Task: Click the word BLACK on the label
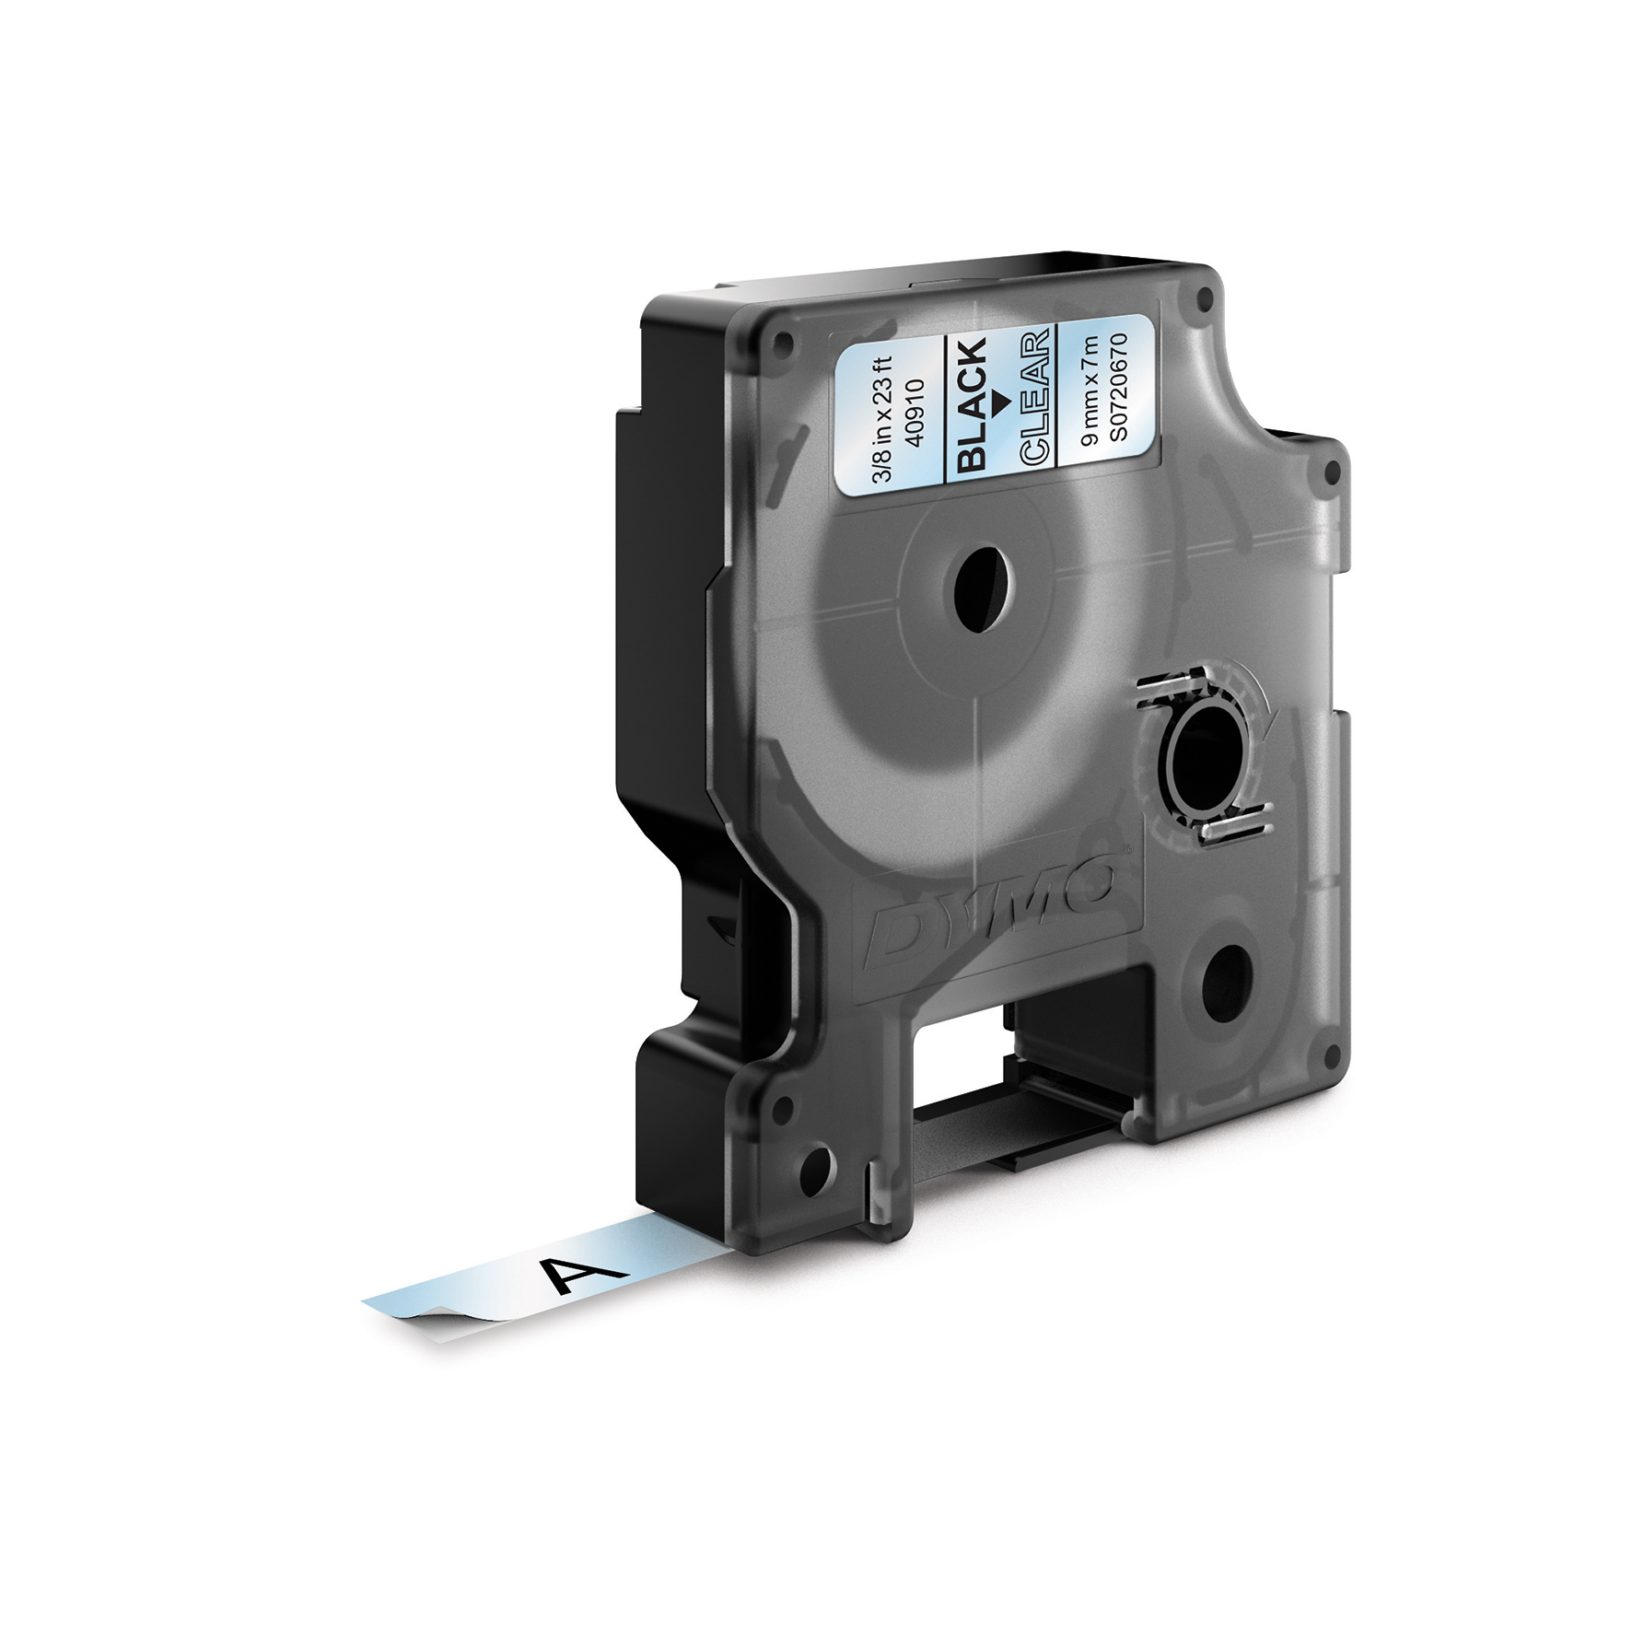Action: coord(971,404)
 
